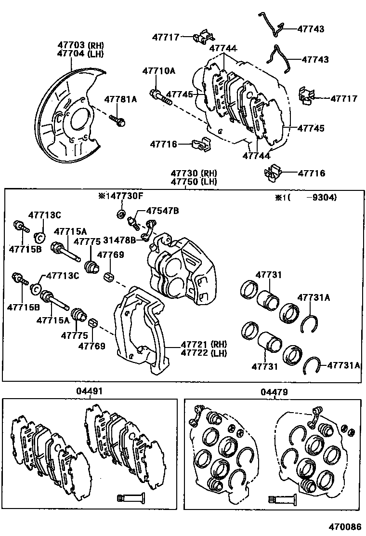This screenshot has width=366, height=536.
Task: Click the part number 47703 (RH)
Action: (x=80, y=45)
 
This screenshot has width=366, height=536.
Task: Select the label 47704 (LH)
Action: (x=80, y=54)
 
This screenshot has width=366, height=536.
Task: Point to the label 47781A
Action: (x=121, y=100)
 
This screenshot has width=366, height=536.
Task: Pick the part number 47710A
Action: (x=158, y=71)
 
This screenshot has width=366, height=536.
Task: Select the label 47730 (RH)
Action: (x=193, y=173)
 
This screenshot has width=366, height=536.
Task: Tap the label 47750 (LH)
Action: (x=193, y=181)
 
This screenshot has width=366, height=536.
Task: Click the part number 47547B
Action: (x=163, y=211)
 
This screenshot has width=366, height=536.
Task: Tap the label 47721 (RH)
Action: (x=203, y=345)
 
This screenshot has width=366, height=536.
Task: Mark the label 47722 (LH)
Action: (x=203, y=353)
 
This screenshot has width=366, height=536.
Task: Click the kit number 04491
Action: (x=89, y=391)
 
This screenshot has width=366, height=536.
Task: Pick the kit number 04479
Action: (x=272, y=391)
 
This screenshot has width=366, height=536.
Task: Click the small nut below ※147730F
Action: (x=121, y=214)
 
